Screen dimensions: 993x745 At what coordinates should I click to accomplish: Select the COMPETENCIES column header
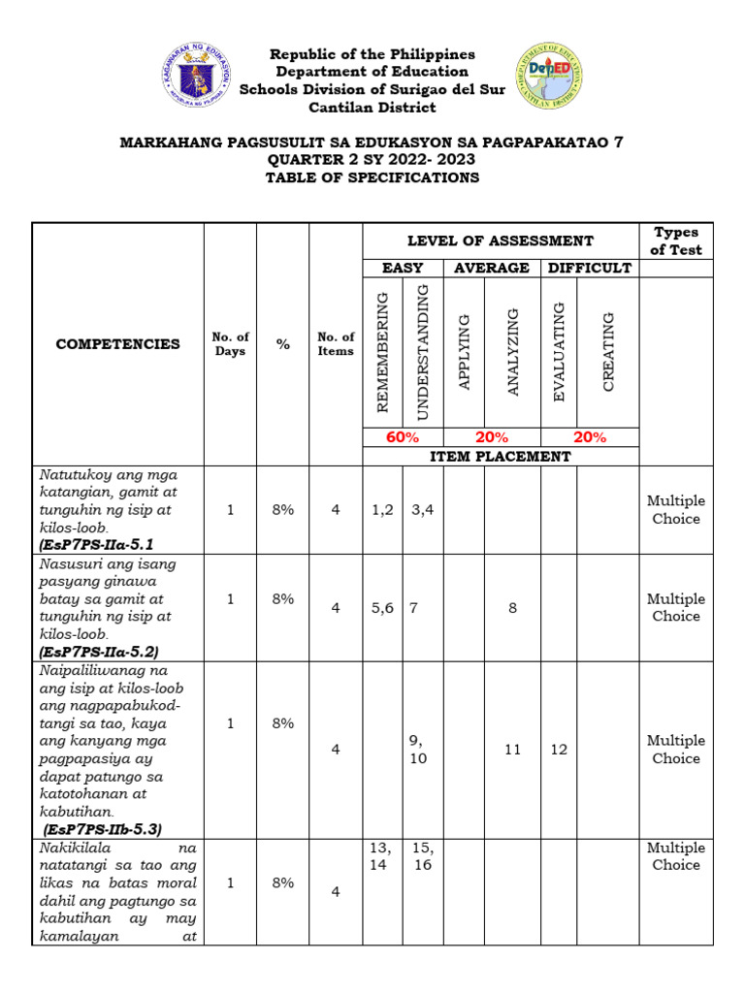(117, 344)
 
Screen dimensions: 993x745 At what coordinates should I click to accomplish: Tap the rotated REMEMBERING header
(382, 351)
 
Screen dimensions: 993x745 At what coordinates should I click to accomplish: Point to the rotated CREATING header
(608, 351)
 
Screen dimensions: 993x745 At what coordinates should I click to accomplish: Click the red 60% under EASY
(403, 437)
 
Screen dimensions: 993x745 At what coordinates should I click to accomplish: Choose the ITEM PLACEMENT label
(501, 456)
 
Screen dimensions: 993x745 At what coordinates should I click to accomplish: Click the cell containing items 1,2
(382, 510)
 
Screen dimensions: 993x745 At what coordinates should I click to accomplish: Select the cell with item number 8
(512, 608)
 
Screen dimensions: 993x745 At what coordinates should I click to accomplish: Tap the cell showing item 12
(559, 750)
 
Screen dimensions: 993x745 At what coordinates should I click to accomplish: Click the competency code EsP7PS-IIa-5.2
(98, 652)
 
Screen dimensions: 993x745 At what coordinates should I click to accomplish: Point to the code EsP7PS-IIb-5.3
(102, 829)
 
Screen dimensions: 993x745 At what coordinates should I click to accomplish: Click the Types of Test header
(676, 241)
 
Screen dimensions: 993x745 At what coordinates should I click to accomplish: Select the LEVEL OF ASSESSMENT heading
(501, 240)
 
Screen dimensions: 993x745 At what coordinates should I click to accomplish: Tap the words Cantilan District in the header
(372, 107)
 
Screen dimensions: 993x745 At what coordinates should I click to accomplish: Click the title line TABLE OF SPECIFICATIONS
(372, 177)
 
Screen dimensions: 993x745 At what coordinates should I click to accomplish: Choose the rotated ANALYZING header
(512, 351)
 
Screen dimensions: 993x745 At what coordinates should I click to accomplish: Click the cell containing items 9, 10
(418, 750)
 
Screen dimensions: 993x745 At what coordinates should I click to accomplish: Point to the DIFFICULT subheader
(590, 268)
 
